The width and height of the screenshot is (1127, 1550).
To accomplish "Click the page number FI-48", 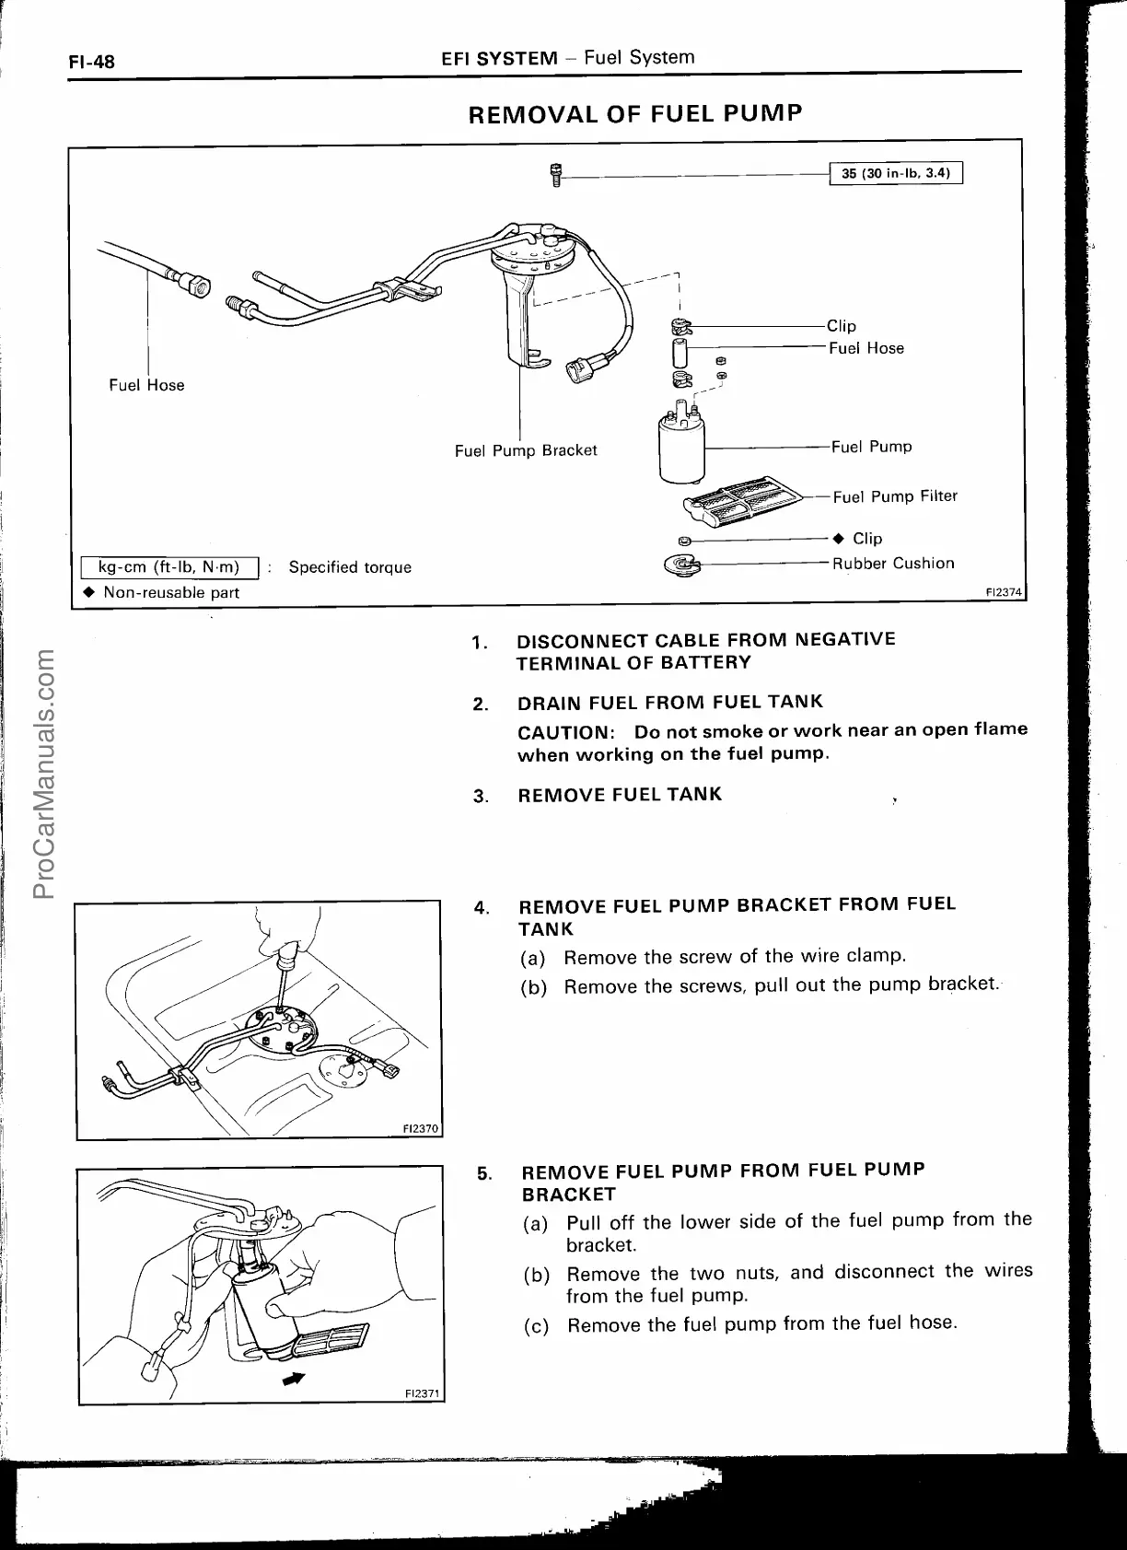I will point(91,63).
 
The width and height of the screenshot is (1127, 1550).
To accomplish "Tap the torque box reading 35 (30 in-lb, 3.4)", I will point(895,173).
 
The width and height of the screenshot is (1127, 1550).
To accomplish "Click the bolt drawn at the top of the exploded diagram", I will point(555,174).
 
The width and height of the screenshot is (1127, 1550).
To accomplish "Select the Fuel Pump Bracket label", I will point(526,450).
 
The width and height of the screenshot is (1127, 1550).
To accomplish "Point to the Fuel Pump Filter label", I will point(895,496).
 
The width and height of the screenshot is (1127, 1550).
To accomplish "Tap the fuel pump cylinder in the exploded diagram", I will point(682,447).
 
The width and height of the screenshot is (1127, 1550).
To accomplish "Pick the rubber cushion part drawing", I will point(680,565).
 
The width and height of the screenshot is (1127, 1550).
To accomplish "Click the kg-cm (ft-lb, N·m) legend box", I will point(168,567).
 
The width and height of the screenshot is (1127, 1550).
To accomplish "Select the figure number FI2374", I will point(1005,592).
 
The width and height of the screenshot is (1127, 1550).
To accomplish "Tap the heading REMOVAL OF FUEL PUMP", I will point(635,113).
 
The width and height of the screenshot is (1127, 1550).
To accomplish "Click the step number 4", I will point(481,907).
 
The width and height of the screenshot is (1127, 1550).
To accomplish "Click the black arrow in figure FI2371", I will point(294,1378).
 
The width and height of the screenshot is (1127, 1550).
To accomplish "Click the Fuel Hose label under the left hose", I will point(146,385).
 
